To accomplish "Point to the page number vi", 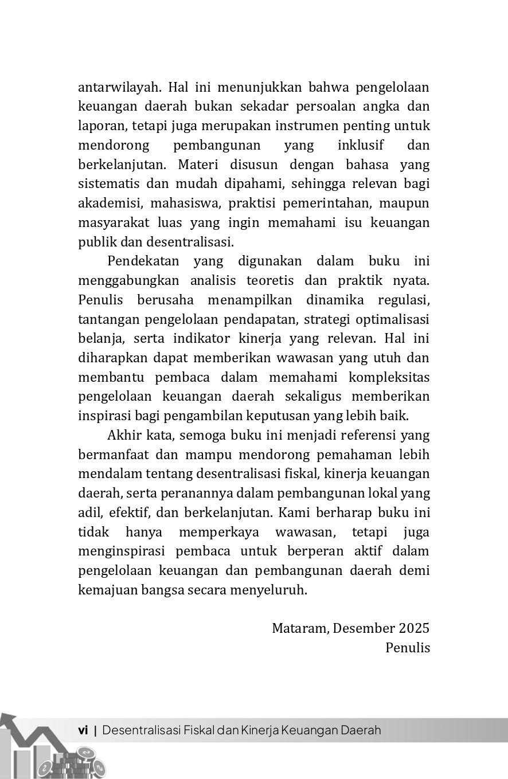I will click(x=83, y=730).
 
